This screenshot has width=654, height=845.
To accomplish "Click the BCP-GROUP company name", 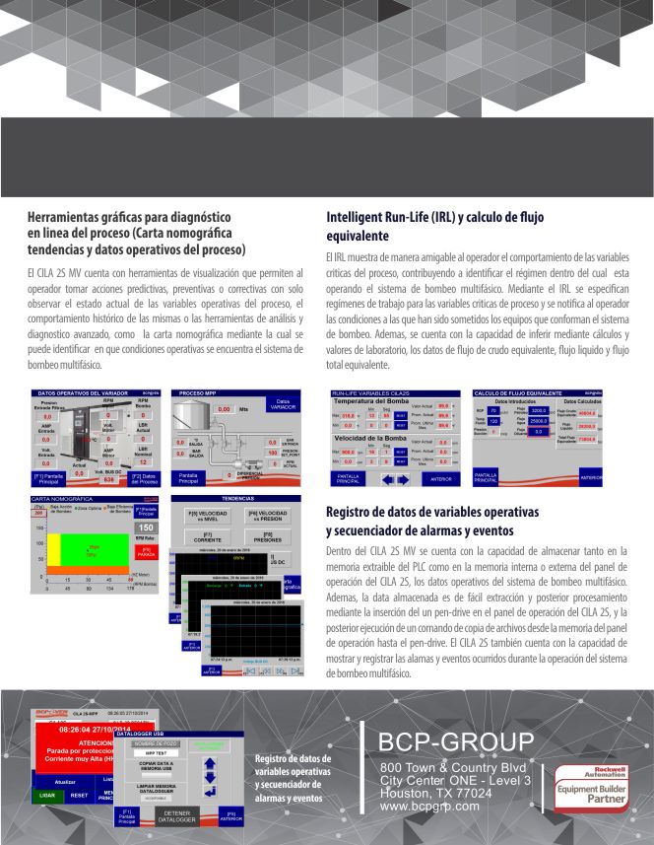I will click(x=457, y=740).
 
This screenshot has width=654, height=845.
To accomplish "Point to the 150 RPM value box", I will click(x=146, y=528).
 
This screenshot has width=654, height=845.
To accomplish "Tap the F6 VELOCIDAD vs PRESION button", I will click(x=267, y=516).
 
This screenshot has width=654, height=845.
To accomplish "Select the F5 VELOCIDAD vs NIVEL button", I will click(x=206, y=516).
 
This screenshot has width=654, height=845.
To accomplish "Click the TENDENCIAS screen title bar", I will click(x=236, y=499).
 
